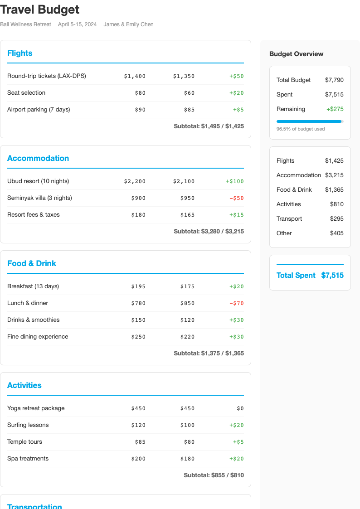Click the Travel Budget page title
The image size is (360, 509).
pos(40,10)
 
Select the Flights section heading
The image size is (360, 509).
pos(20,53)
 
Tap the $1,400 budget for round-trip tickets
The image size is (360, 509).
pos(135,76)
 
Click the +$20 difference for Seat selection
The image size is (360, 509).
pos(236,93)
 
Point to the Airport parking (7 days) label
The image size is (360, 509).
pos(39,109)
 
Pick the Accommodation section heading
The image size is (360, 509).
pos(38,158)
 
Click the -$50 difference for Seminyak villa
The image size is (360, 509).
pos(236,198)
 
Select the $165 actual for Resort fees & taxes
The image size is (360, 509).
pos(187,215)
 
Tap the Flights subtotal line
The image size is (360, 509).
pos(209,126)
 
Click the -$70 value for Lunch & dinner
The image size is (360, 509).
pos(236,303)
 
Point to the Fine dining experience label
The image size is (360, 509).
pos(38,336)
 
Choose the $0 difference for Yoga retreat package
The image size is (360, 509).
pos(240,408)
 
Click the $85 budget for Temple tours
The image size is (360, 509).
pos(140,442)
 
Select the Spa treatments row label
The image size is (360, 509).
pos(28,458)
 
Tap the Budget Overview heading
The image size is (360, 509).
pos(296,54)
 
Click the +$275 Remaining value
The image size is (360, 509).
pos(335,109)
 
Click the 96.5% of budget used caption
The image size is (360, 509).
pos(300,129)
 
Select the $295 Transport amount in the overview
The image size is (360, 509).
pos(336,218)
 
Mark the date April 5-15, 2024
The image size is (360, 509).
pos(77,24)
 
